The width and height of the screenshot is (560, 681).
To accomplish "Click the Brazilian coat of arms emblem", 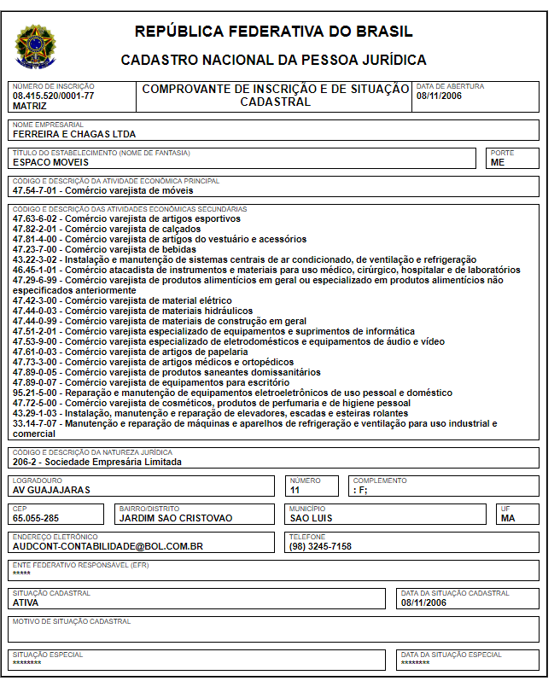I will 35,46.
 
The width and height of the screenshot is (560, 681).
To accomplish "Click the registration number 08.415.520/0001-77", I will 53,96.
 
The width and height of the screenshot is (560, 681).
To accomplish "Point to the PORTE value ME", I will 497,162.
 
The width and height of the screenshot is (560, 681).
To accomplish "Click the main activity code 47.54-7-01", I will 37,190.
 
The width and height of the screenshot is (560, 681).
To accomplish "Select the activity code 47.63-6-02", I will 37,219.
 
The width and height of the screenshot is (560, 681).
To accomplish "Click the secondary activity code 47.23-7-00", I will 37,249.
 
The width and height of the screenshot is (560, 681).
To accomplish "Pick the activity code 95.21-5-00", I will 37,393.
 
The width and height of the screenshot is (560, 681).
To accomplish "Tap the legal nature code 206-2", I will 26,462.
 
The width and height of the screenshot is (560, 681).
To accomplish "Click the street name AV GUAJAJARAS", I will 51,490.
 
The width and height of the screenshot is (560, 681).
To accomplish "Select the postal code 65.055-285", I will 36,518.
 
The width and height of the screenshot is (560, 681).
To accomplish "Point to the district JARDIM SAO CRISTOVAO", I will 175,518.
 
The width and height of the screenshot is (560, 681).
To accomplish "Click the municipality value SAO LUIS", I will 311,518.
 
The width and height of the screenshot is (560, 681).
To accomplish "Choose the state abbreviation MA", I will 508,518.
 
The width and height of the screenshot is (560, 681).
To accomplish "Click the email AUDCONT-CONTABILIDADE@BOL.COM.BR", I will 108,546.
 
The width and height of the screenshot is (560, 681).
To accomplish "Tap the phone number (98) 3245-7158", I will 320,546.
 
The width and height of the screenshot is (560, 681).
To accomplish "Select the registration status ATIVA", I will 26,602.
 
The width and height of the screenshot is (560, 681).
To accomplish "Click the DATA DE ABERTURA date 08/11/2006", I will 438,96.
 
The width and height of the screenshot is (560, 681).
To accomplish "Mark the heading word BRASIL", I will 383,32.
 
